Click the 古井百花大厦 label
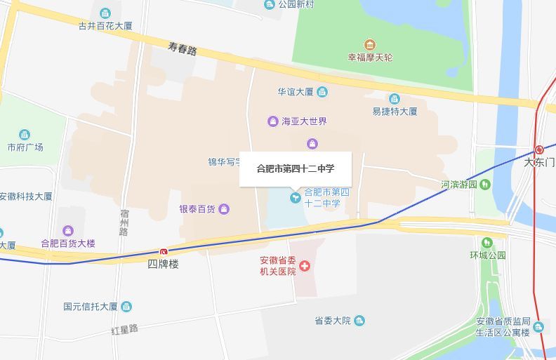(105, 27)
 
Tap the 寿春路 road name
(183, 48)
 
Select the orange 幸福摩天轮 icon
(370, 45)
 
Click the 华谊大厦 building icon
(322, 91)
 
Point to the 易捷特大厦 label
(395, 111)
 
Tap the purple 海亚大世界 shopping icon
(272, 121)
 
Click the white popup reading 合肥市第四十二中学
(295, 168)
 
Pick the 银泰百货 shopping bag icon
(224, 208)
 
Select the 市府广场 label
(25, 147)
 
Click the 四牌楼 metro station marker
(164, 251)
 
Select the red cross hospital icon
(305, 266)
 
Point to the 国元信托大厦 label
(90, 307)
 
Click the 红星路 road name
(124, 328)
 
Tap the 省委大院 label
(332, 321)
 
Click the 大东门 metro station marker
(539, 149)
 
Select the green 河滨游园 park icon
(485, 185)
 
